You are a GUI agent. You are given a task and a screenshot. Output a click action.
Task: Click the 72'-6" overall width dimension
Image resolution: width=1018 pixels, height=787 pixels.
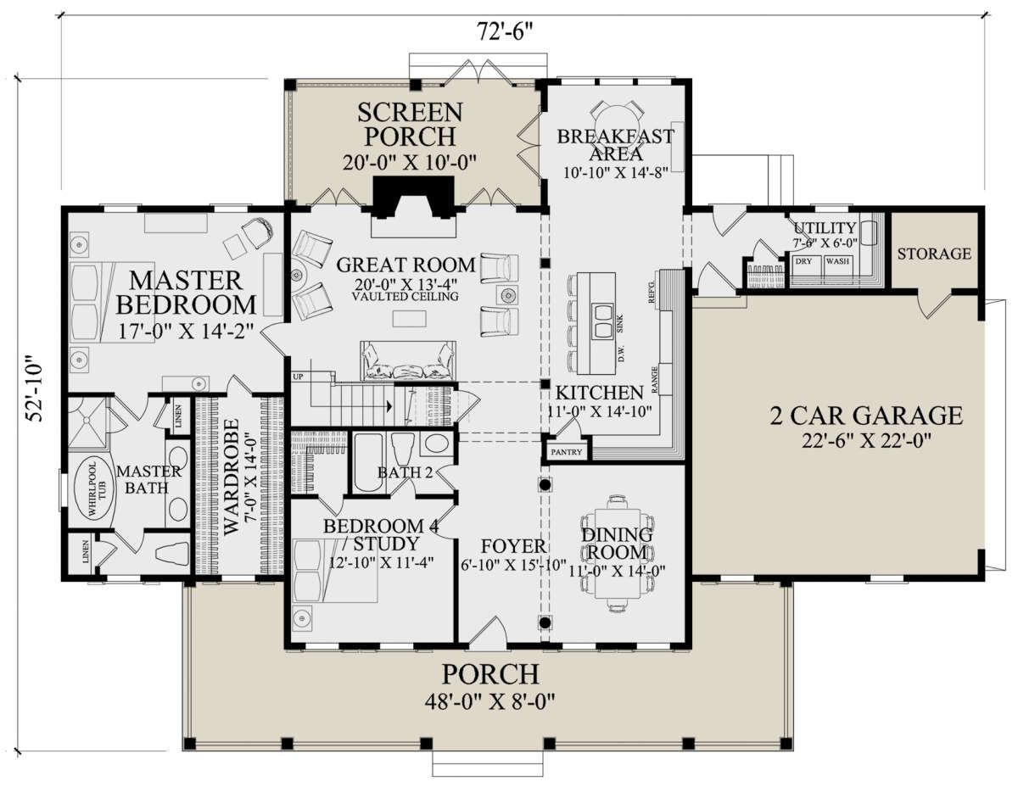(x=505, y=32)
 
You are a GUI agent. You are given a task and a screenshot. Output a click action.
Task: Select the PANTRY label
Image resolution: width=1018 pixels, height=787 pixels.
(x=567, y=452)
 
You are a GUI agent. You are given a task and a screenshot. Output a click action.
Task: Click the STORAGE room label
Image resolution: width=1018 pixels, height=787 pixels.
(x=934, y=254)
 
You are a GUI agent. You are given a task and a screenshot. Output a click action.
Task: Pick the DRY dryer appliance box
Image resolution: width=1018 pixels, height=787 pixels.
(x=805, y=265)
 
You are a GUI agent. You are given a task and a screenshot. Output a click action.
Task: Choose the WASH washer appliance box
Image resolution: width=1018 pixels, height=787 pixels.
(x=837, y=265)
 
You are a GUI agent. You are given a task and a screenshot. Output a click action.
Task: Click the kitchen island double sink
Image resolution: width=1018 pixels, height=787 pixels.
(x=602, y=321)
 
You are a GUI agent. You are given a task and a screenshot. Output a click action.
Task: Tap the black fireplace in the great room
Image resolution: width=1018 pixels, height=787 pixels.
(x=414, y=197)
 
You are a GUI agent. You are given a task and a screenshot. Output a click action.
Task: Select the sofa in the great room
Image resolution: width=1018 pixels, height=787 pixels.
(x=407, y=360)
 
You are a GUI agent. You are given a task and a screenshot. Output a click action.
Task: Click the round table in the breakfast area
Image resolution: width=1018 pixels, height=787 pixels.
(x=615, y=118)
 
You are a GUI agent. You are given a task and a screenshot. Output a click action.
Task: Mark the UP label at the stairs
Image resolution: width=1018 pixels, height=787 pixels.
(x=298, y=377)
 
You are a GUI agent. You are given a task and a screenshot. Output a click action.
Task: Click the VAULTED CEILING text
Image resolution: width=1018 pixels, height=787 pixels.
(x=405, y=296)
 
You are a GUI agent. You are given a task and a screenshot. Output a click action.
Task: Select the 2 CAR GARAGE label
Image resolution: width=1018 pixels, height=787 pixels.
(x=866, y=416)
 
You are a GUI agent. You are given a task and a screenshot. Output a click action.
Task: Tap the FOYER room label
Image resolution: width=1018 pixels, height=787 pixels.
(x=513, y=546)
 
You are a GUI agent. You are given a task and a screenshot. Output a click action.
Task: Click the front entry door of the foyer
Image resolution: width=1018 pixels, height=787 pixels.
(x=487, y=634)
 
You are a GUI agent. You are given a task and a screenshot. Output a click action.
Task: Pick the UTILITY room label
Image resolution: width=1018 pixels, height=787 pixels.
(x=825, y=228)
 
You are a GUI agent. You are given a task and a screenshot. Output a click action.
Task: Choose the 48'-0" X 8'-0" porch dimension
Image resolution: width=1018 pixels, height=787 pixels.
(x=489, y=702)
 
